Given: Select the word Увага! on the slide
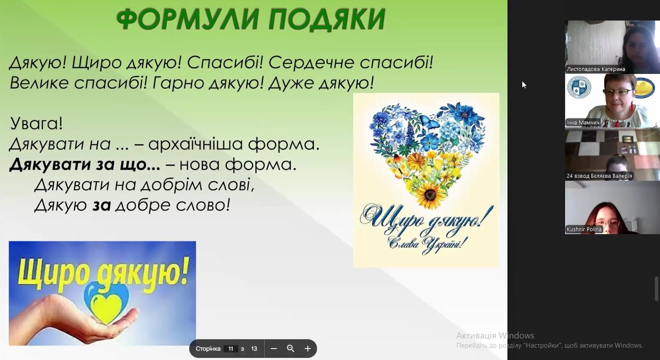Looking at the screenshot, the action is click(x=37, y=123).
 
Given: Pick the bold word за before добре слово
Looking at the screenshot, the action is click(x=102, y=206).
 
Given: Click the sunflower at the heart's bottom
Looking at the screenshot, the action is click(x=430, y=195).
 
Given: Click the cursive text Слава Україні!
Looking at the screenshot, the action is click(x=428, y=244).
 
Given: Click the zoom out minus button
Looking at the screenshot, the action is click(x=274, y=349).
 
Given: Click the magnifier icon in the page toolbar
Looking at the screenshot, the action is click(x=290, y=349).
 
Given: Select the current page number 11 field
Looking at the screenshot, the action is click(x=231, y=349).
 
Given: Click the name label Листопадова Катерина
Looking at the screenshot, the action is click(x=596, y=69).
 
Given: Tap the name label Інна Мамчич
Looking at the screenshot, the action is click(x=583, y=122).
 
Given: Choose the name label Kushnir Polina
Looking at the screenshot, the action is click(x=584, y=229).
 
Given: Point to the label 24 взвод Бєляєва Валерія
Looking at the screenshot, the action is click(x=599, y=176).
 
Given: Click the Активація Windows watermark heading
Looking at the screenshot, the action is click(x=495, y=335).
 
